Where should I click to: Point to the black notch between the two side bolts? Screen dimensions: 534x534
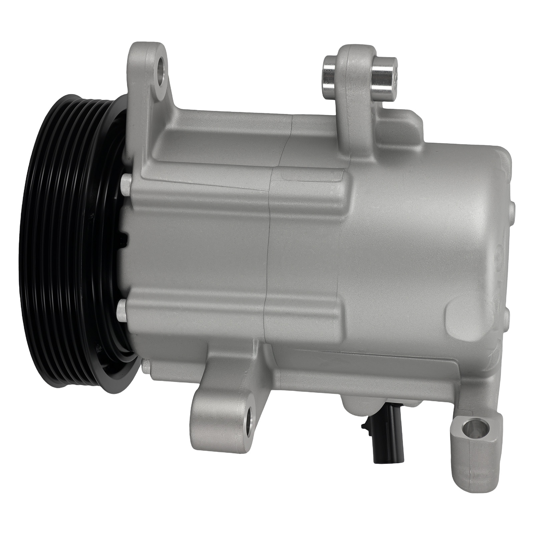[x=125, y=238]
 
